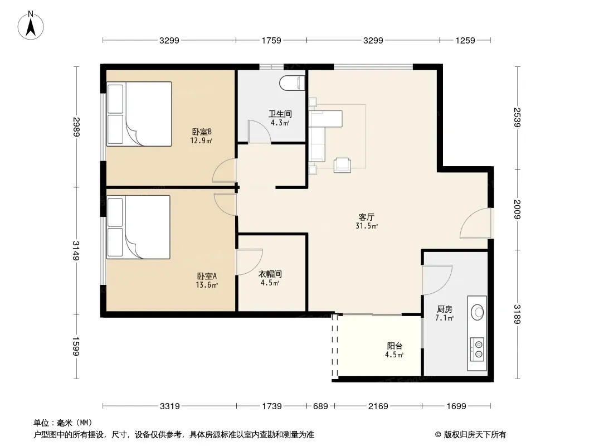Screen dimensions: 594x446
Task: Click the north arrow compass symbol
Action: click(x=31, y=26)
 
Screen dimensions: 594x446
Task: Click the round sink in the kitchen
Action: click(x=478, y=312)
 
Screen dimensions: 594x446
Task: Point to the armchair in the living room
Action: click(x=342, y=165)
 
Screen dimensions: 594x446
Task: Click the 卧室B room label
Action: click(x=202, y=132)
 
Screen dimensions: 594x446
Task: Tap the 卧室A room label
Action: click(x=207, y=276)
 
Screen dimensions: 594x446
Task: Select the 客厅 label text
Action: click(x=366, y=217)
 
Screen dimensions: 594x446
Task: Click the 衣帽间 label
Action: click(x=270, y=274)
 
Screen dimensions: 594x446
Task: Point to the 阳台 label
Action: click(x=395, y=346)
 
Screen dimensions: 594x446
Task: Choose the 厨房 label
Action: click(x=444, y=309)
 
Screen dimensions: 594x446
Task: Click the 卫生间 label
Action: click(x=280, y=114)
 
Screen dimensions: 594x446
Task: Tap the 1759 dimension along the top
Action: click(x=271, y=40)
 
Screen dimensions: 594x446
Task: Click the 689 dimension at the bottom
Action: click(x=320, y=406)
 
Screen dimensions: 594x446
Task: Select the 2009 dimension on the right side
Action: click(x=518, y=210)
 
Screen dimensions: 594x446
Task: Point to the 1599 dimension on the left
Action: click(x=76, y=346)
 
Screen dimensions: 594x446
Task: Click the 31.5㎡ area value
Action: click(x=366, y=226)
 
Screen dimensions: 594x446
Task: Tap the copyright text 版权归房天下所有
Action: click(x=475, y=435)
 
